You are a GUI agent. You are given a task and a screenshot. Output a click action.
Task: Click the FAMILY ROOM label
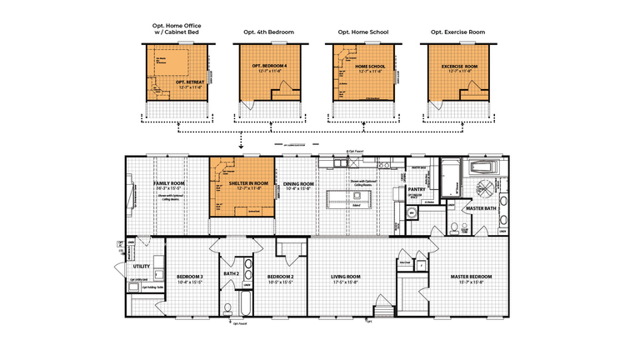tap(167, 182)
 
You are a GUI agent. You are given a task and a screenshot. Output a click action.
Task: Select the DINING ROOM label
tap(298, 183)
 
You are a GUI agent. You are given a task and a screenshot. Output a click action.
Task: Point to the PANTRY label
tap(417, 189)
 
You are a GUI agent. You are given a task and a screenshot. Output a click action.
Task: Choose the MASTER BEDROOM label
tap(471, 277)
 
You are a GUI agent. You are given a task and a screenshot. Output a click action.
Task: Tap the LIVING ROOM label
tap(345, 277)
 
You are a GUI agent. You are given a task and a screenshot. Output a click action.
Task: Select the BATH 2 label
tap(232, 273)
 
